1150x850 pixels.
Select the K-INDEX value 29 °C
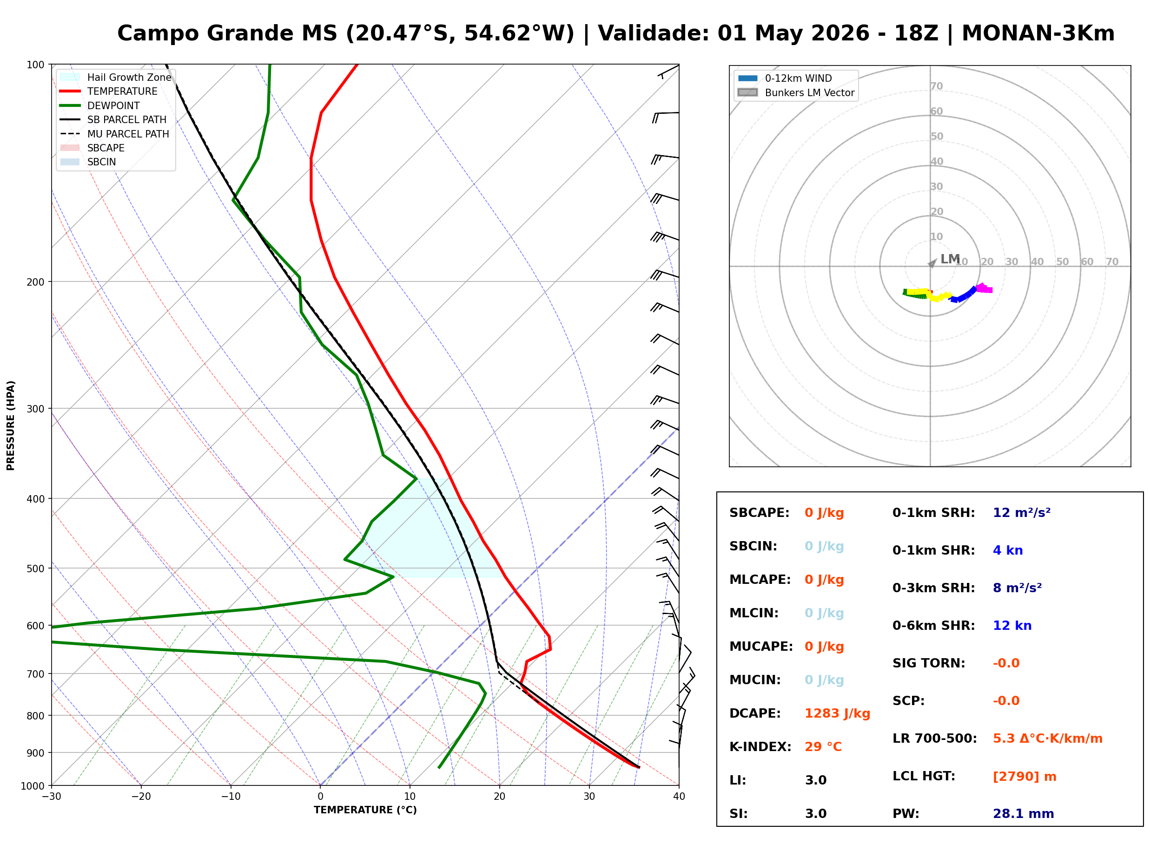point(823,747)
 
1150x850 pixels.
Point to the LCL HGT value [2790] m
point(1024,777)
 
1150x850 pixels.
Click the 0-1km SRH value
point(1021,513)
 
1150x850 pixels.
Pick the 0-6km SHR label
point(933,626)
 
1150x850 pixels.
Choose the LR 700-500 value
point(1047,739)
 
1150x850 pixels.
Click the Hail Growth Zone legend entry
point(129,77)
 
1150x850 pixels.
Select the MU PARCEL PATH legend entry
point(128,134)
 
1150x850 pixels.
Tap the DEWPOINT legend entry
point(113,105)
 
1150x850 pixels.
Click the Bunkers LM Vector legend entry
point(809,92)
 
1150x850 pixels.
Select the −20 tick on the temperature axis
point(140,797)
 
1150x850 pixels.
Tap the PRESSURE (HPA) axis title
point(11,425)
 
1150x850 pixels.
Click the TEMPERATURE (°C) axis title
point(365,811)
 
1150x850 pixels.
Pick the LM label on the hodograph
point(950,259)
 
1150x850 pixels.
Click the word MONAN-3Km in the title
point(1038,33)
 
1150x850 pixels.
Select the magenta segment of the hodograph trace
point(984,288)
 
